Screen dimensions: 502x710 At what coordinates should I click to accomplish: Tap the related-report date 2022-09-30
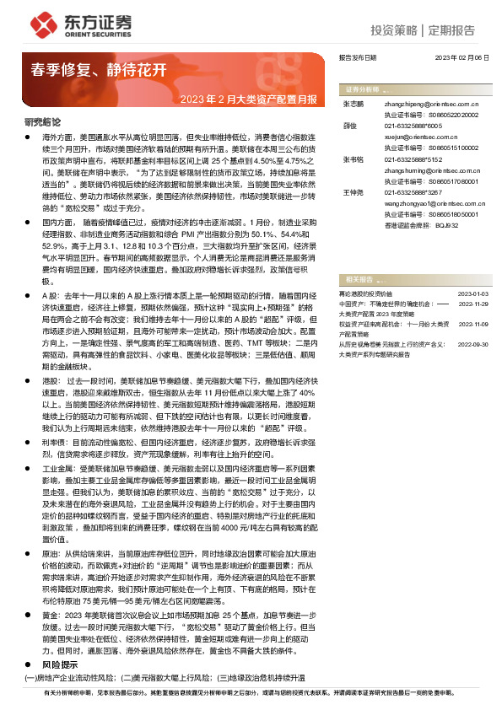(472, 343)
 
